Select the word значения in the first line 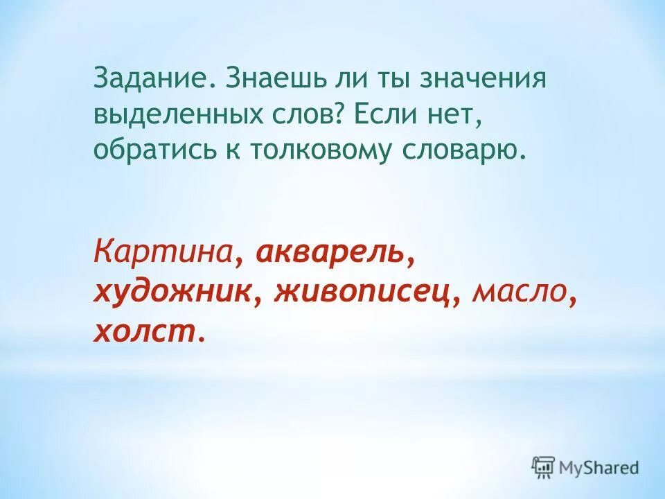click(479, 78)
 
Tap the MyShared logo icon click(544, 467)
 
